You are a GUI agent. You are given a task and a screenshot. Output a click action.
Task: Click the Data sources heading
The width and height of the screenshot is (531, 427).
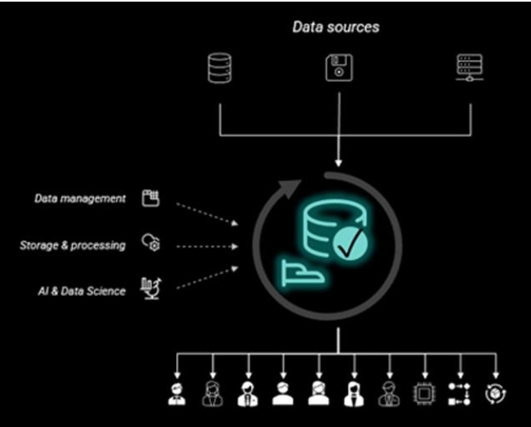click(x=336, y=27)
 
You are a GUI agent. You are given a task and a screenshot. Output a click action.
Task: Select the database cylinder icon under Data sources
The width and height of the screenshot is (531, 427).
click(x=219, y=68)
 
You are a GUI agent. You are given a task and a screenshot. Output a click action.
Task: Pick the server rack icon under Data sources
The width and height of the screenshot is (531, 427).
click(x=468, y=68)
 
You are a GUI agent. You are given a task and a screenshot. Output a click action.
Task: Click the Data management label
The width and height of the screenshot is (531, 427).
click(x=80, y=198)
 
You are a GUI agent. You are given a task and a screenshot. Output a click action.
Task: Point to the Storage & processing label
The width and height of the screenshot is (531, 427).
click(x=72, y=245)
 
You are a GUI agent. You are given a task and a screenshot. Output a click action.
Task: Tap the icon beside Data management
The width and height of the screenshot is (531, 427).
click(x=150, y=198)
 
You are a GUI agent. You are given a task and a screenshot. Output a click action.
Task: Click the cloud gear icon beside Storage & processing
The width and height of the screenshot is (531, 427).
click(x=150, y=244)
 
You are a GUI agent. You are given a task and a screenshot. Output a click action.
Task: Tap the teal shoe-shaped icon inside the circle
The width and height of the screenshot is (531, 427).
click(x=303, y=273)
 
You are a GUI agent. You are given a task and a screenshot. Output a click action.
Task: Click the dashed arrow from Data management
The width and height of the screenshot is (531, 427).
click(x=206, y=213)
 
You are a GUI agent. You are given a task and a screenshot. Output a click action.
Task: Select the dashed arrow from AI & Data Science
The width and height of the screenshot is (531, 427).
click(x=206, y=278)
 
